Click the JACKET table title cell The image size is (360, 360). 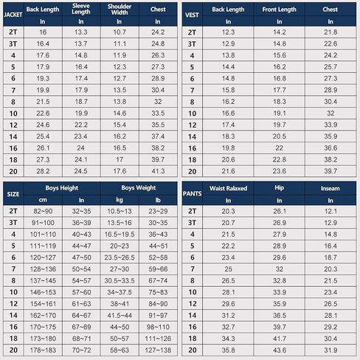pyautogui.click(x=13, y=15)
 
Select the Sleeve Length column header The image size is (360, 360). pyautogui.click(x=81, y=9)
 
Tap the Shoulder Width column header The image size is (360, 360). pyautogui.click(x=120, y=10)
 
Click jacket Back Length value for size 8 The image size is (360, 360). pyautogui.click(x=43, y=102)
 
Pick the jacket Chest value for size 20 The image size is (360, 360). pyautogui.click(x=158, y=171)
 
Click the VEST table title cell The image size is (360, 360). pyautogui.click(x=192, y=15)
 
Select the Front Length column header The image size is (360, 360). pyautogui.click(x=280, y=10)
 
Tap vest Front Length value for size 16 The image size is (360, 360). pyautogui.click(x=280, y=148)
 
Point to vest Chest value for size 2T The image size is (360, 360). pyautogui.click(x=330, y=32)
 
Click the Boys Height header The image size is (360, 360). pyautogui.click(x=62, y=188)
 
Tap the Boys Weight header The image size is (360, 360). pyautogui.click(x=139, y=188)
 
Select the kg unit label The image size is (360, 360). pyautogui.click(x=120, y=200)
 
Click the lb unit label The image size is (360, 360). pyautogui.click(x=158, y=200)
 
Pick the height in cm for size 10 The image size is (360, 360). pyautogui.click(x=43, y=292)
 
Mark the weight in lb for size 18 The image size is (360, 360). pyautogui.click(x=158, y=339)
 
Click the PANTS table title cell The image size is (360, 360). pyautogui.click(x=192, y=194)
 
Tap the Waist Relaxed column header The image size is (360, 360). pyautogui.click(x=228, y=188)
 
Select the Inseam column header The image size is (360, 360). pyautogui.click(x=330, y=188)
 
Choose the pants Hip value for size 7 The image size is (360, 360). pyautogui.click(x=280, y=269)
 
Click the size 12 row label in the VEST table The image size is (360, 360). pyautogui.click(x=193, y=125)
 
